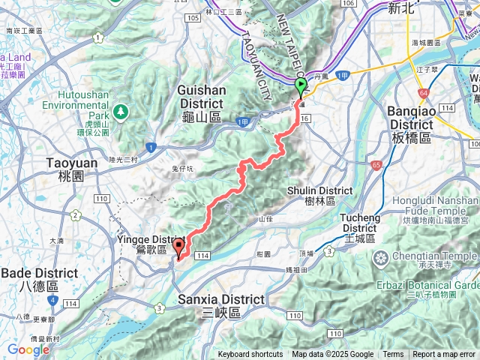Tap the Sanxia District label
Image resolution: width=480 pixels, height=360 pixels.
[221, 305]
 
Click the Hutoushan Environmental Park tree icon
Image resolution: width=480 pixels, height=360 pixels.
[119, 112]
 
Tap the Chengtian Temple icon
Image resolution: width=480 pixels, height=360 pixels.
[381, 259]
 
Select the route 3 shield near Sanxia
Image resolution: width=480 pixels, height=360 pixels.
[159, 307]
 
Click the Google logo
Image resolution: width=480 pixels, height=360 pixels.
[28, 349]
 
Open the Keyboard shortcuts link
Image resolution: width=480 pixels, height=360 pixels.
[250, 355]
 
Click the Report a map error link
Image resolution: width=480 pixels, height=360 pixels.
[445, 355]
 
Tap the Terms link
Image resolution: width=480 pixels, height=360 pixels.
[392, 355]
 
